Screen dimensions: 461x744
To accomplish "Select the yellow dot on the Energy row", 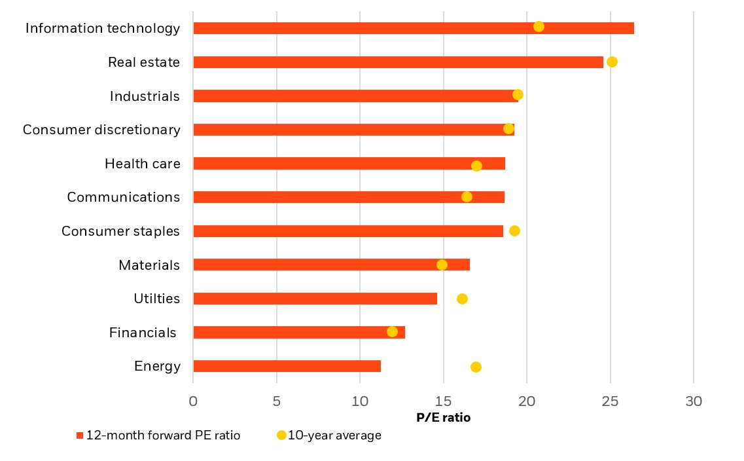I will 476,367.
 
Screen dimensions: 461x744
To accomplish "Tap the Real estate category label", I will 143,62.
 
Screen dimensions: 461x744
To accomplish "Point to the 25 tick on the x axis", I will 610,401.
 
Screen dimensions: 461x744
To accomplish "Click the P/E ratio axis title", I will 443,418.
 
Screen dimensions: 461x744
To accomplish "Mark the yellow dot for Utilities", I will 462,299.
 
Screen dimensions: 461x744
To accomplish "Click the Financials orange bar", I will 299,333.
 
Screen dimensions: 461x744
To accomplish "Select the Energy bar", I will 287,366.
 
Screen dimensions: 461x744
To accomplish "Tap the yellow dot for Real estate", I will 612,62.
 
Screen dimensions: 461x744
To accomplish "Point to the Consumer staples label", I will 120,231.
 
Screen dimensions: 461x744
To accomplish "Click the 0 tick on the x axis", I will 193,401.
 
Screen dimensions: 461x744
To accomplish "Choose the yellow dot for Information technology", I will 539,26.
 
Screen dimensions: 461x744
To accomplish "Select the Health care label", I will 142,164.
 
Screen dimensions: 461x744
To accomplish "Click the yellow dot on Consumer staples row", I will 514,230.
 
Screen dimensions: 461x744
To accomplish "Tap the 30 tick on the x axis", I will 694,401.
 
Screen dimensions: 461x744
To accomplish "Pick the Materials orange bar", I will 331,265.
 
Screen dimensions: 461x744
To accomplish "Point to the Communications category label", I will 123,197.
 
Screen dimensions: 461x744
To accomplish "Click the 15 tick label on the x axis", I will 443,401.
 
